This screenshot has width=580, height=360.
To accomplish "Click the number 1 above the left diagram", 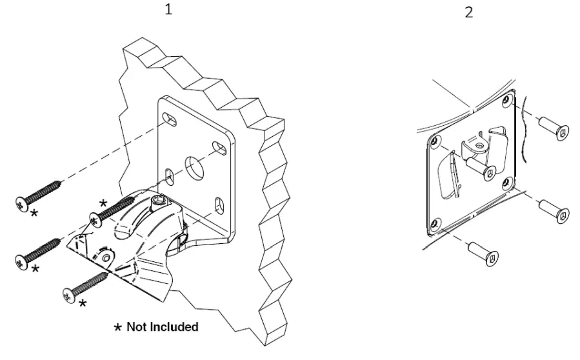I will tap(169, 11).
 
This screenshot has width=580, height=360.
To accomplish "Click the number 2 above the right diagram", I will tap(468, 12).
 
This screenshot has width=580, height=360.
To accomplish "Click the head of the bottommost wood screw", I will tap(68, 295).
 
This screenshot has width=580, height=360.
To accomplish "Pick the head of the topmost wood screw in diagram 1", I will tap(21, 202).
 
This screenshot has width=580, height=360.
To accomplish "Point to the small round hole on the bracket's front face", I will tap(106, 257).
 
